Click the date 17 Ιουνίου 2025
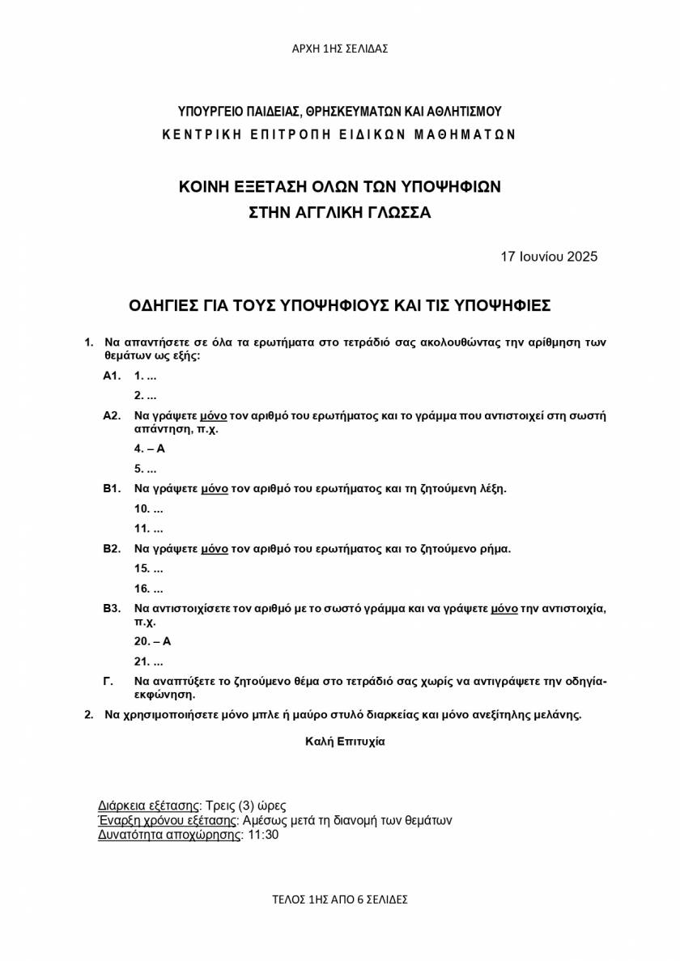coord(549,257)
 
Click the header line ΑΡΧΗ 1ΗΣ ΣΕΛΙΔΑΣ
coord(340,49)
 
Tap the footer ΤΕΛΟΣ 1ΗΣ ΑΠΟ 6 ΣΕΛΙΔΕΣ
coord(340,899)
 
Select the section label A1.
coord(112,376)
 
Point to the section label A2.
coord(112,416)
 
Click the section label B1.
coord(112,488)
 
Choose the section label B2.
coord(112,549)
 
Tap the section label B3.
coord(112,608)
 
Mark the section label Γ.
coord(108,681)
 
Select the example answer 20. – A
coord(153,641)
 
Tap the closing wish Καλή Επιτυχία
coord(345,741)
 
